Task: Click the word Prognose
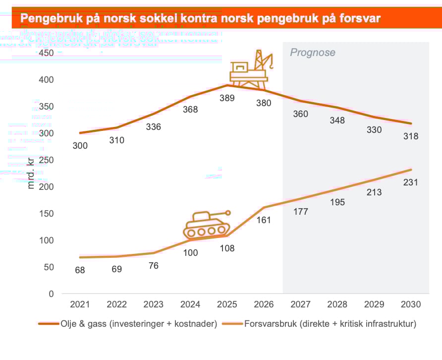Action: (x=313, y=53)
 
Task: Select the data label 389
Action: (x=227, y=98)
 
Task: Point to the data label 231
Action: (x=411, y=182)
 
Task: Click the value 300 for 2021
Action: (x=80, y=146)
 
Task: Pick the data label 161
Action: (x=264, y=220)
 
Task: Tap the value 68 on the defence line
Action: (x=80, y=271)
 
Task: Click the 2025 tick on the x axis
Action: (x=227, y=304)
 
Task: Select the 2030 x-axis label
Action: (x=411, y=304)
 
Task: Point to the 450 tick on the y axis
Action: (x=46, y=53)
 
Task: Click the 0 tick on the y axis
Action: (x=51, y=294)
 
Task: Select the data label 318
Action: (x=411, y=136)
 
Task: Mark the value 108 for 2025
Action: (x=227, y=248)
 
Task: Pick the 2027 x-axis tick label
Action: (x=301, y=304)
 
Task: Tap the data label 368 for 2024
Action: (x=190, y=110)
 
